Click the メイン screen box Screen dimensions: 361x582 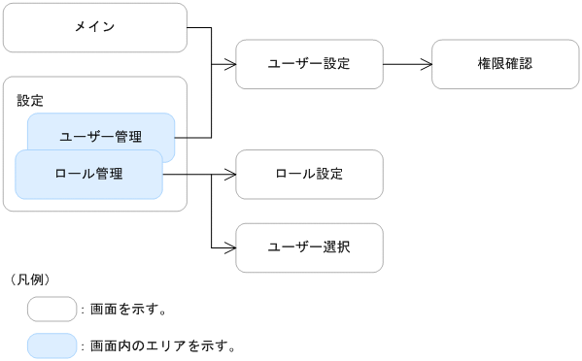pyautogui.click(x=95, y=27)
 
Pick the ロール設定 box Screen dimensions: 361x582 pyautogui.click(x=309, y=175)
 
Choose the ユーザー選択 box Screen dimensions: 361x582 pyautogui.click(x=309, y=247)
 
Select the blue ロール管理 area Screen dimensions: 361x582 pyautogui.click(x=88, y=175)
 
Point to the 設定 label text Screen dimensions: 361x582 pyautogui.click(x=30, y=100)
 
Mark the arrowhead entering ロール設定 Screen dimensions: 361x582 pyautogui.click(x=231, y=175)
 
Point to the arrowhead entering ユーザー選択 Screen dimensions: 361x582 pyautogui.click(x=231, y=247)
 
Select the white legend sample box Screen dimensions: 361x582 pyautogui.click(x=51, y=310)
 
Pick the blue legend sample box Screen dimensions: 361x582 pyautogui.click(x=51, y=345)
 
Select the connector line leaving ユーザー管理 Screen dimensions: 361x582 pyautogui.click(x=194, y=137)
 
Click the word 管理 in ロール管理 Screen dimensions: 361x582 pyautogui.click(x=109, y=175)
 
